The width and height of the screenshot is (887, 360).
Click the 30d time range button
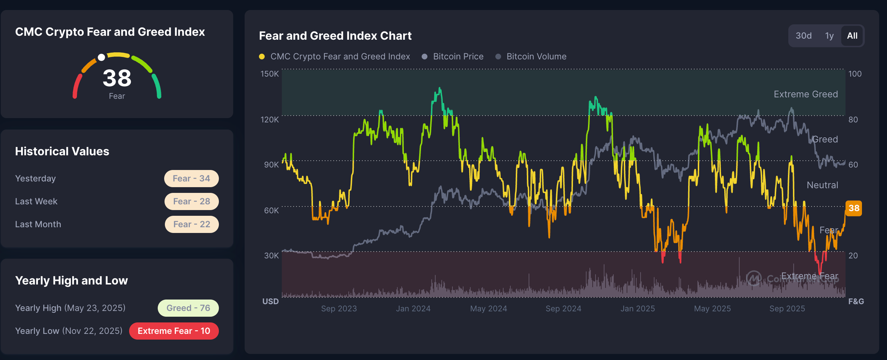coord(803,36)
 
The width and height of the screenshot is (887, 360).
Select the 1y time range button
coord(829,36)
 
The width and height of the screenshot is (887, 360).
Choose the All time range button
coord(852,36)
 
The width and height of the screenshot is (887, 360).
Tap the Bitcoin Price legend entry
coord(458,57)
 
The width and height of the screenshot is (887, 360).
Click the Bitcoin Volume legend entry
coord(536,57)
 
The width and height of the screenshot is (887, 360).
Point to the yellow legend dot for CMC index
coord(262,57)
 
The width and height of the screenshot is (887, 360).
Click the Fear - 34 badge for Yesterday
coord(191,179)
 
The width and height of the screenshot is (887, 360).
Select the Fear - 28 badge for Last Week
coord(191,201)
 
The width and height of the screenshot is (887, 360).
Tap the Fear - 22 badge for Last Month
coord(191,224)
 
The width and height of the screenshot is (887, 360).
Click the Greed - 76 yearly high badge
coord(188,308)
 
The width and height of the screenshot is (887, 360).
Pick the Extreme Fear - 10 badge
coord(174,331)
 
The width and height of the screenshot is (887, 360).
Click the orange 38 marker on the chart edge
coord(853,208)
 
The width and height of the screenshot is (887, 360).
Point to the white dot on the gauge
coord(102,57)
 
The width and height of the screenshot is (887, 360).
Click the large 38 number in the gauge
coord(117,78)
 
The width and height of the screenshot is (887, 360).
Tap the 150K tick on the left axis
coord(269,74)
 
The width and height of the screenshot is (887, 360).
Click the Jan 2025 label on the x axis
coord(638,308)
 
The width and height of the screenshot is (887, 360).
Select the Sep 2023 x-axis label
coord(339,308)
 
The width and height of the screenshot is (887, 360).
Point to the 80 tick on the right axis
coord(853,120)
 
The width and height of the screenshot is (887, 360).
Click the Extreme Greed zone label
coord(806,94)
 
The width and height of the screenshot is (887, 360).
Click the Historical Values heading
coord(62,151)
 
